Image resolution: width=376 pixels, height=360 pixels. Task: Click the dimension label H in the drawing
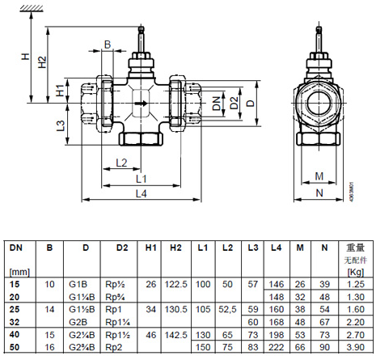click(25, 57)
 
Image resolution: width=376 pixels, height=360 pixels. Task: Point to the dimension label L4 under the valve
click(141, 193)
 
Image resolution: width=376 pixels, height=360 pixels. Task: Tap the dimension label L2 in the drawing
click(121, 163)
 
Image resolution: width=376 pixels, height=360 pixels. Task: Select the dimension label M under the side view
click(319, 176)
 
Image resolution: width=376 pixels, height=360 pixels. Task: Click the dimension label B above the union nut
click(108, 44)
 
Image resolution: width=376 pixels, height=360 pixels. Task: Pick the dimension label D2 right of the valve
click(234, 103)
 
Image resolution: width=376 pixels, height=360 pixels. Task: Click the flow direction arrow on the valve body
click(141, 104)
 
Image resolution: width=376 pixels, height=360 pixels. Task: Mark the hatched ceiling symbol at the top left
click(32, 9)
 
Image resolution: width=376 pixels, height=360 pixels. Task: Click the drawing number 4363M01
click(351, 191)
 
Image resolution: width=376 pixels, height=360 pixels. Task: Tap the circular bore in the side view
click(319, 103)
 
